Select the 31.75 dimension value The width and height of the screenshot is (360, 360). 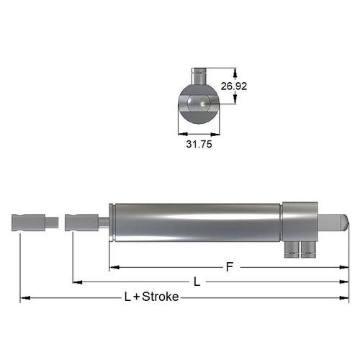click(199, 143)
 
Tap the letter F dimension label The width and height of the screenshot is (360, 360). click(230, 267)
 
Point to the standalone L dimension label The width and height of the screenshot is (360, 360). click(196, 282)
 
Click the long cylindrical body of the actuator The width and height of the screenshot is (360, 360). click(194, 223)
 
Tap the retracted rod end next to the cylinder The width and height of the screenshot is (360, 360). click(80, 222)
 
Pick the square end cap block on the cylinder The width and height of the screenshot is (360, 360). click(300, 220)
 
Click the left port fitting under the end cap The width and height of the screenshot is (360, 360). click(290, 250)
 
